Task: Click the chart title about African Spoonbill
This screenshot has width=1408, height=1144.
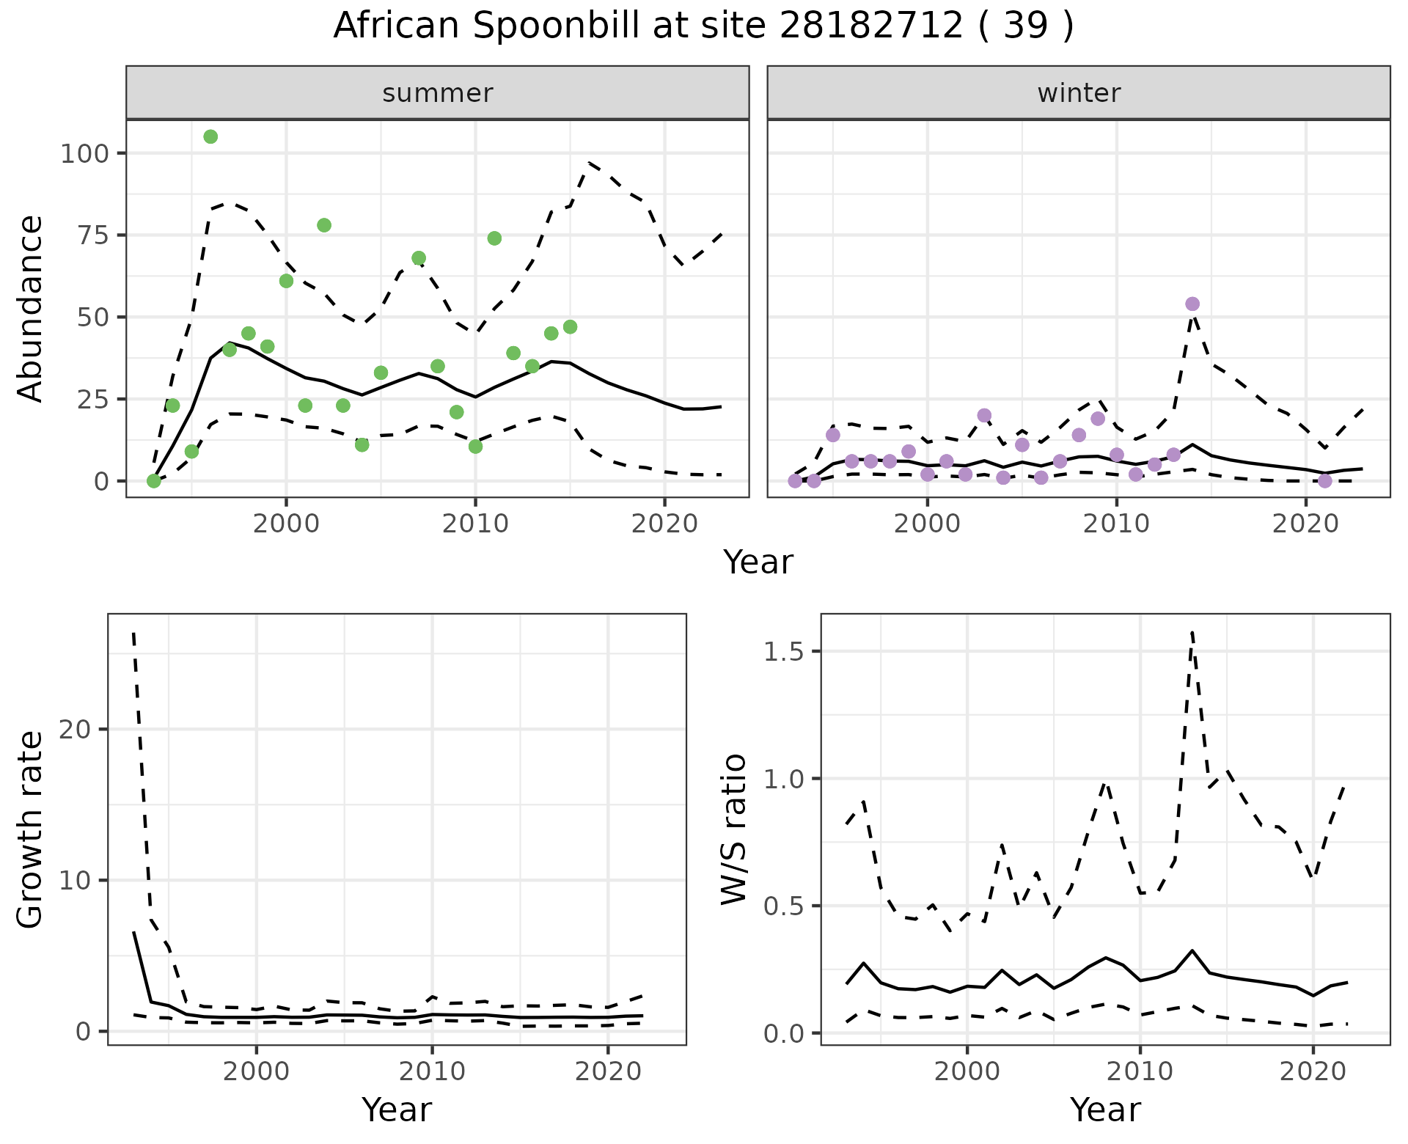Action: coord(703,26)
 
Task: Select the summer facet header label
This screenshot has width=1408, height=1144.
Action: coord(437,93)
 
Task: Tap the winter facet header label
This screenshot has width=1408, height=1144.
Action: coord(1078,93)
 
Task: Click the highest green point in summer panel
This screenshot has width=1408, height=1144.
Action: coord(210,136)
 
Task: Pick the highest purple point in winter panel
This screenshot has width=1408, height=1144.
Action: coord(1192,304)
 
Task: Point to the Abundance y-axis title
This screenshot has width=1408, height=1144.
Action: coord(31,309)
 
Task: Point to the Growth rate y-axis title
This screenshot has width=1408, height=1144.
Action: coord(31,829)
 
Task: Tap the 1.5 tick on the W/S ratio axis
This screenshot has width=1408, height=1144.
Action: coord(782,652)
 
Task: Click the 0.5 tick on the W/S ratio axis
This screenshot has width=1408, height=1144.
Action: coord(782,906)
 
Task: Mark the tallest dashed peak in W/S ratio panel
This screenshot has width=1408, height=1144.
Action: coord(1192,631)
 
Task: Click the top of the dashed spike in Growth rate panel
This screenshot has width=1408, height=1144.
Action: coord(133,633)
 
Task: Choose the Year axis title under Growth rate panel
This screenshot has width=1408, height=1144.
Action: coord(397,1110)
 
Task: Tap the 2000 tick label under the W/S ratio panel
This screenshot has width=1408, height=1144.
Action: coord(967,1071)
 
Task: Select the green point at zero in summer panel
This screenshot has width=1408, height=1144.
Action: coord(153,481)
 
